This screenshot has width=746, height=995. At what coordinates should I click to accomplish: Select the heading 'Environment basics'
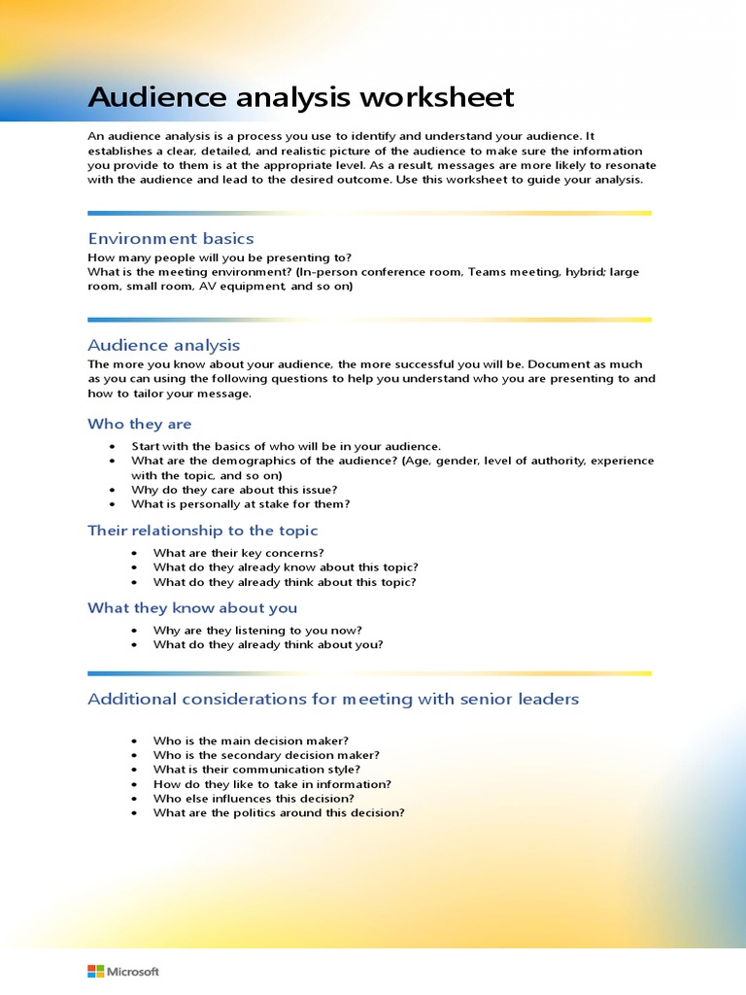pos(171,238)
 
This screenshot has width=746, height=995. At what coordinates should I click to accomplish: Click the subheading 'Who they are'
pos(140,424)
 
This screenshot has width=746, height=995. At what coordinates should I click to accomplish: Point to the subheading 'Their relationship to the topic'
pos(203,531)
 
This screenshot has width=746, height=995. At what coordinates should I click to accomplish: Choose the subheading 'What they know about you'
pos(192,608)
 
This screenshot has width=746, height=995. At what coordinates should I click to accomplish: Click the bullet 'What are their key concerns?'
pos(239,553)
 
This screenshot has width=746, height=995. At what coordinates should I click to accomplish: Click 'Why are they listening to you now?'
pos(257,630)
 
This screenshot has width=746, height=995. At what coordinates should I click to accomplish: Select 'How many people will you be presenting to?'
pos(220,257)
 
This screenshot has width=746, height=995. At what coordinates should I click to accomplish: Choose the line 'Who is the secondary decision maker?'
pos(266,755)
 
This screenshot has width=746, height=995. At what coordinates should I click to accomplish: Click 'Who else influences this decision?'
pos(254,799)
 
